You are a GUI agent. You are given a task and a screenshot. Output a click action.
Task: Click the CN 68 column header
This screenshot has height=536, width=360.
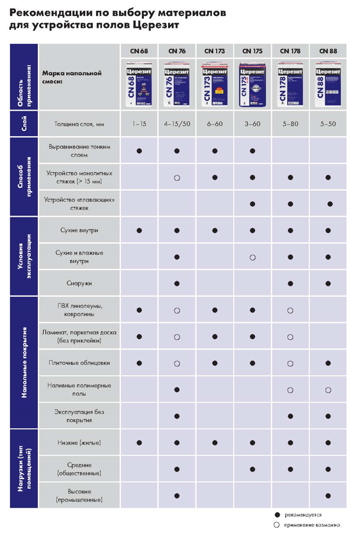coord(139,51)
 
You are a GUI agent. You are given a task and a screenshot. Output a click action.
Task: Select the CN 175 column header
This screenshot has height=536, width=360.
coord(252,51)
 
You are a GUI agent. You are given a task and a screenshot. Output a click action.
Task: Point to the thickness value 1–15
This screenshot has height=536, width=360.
coord(139,125)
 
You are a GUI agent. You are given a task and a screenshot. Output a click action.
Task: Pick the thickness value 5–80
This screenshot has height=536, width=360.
coord(290,125)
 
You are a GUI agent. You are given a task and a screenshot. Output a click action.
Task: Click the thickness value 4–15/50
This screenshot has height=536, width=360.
coord(176,125)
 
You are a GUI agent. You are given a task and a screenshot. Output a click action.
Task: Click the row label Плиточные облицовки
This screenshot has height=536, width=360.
coord(79,362)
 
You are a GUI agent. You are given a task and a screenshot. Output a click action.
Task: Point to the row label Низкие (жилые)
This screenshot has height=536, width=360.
coord(79,442)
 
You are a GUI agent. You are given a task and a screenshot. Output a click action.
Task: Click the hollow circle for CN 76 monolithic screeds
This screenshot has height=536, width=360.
coord(176,177)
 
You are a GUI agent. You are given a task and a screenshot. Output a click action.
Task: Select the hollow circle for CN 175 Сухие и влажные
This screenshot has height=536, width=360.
coord(252,257)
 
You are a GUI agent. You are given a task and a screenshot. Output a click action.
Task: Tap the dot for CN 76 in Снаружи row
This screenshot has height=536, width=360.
coord(176,284)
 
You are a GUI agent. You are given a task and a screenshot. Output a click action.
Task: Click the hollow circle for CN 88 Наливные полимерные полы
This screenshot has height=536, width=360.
coord(327,389)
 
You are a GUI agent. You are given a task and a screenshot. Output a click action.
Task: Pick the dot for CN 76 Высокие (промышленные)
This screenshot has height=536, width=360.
coord(176,495)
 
